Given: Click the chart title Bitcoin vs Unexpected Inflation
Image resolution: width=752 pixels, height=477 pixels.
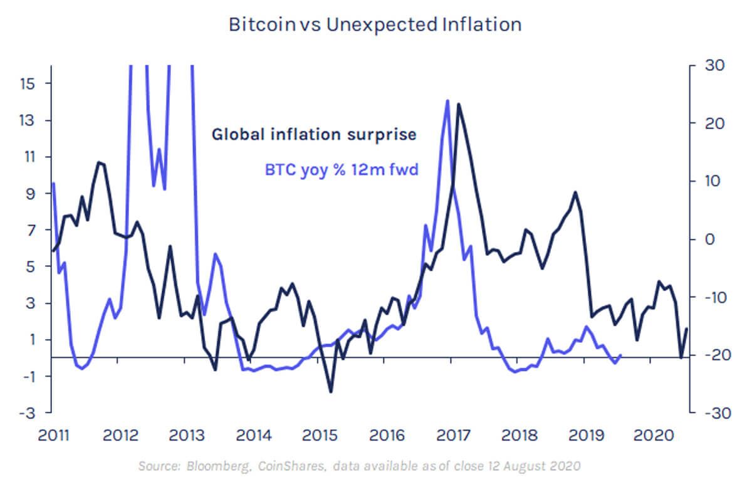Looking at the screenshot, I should coord(375,25).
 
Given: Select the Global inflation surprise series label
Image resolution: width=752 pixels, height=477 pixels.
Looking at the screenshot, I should coord(314,134).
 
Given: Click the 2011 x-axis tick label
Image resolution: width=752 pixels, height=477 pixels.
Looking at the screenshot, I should coord(53,435).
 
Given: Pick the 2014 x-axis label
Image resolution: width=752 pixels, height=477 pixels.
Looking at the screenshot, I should coord(251,435).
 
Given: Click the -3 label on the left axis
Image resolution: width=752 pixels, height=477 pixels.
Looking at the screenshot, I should coord(29,412).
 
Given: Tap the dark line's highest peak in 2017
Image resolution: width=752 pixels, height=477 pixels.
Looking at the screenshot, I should coord(459,105).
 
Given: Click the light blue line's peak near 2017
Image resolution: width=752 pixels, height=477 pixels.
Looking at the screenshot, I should coord(447,100).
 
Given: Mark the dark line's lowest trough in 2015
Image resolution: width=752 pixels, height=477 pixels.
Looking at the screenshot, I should coord(331,392).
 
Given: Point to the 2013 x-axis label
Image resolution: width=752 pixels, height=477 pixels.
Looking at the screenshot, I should coord(186,435).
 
